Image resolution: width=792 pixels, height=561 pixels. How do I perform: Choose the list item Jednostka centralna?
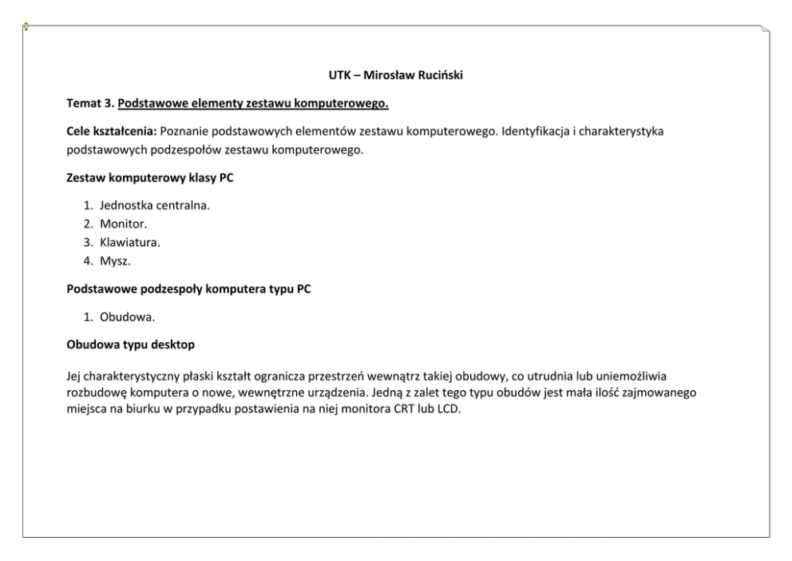point(154,205)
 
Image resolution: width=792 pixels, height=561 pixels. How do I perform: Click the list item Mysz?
point(115,261)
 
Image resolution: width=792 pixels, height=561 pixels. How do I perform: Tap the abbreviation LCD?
point(451,405)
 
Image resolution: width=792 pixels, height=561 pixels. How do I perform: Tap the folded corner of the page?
point(765,29)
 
